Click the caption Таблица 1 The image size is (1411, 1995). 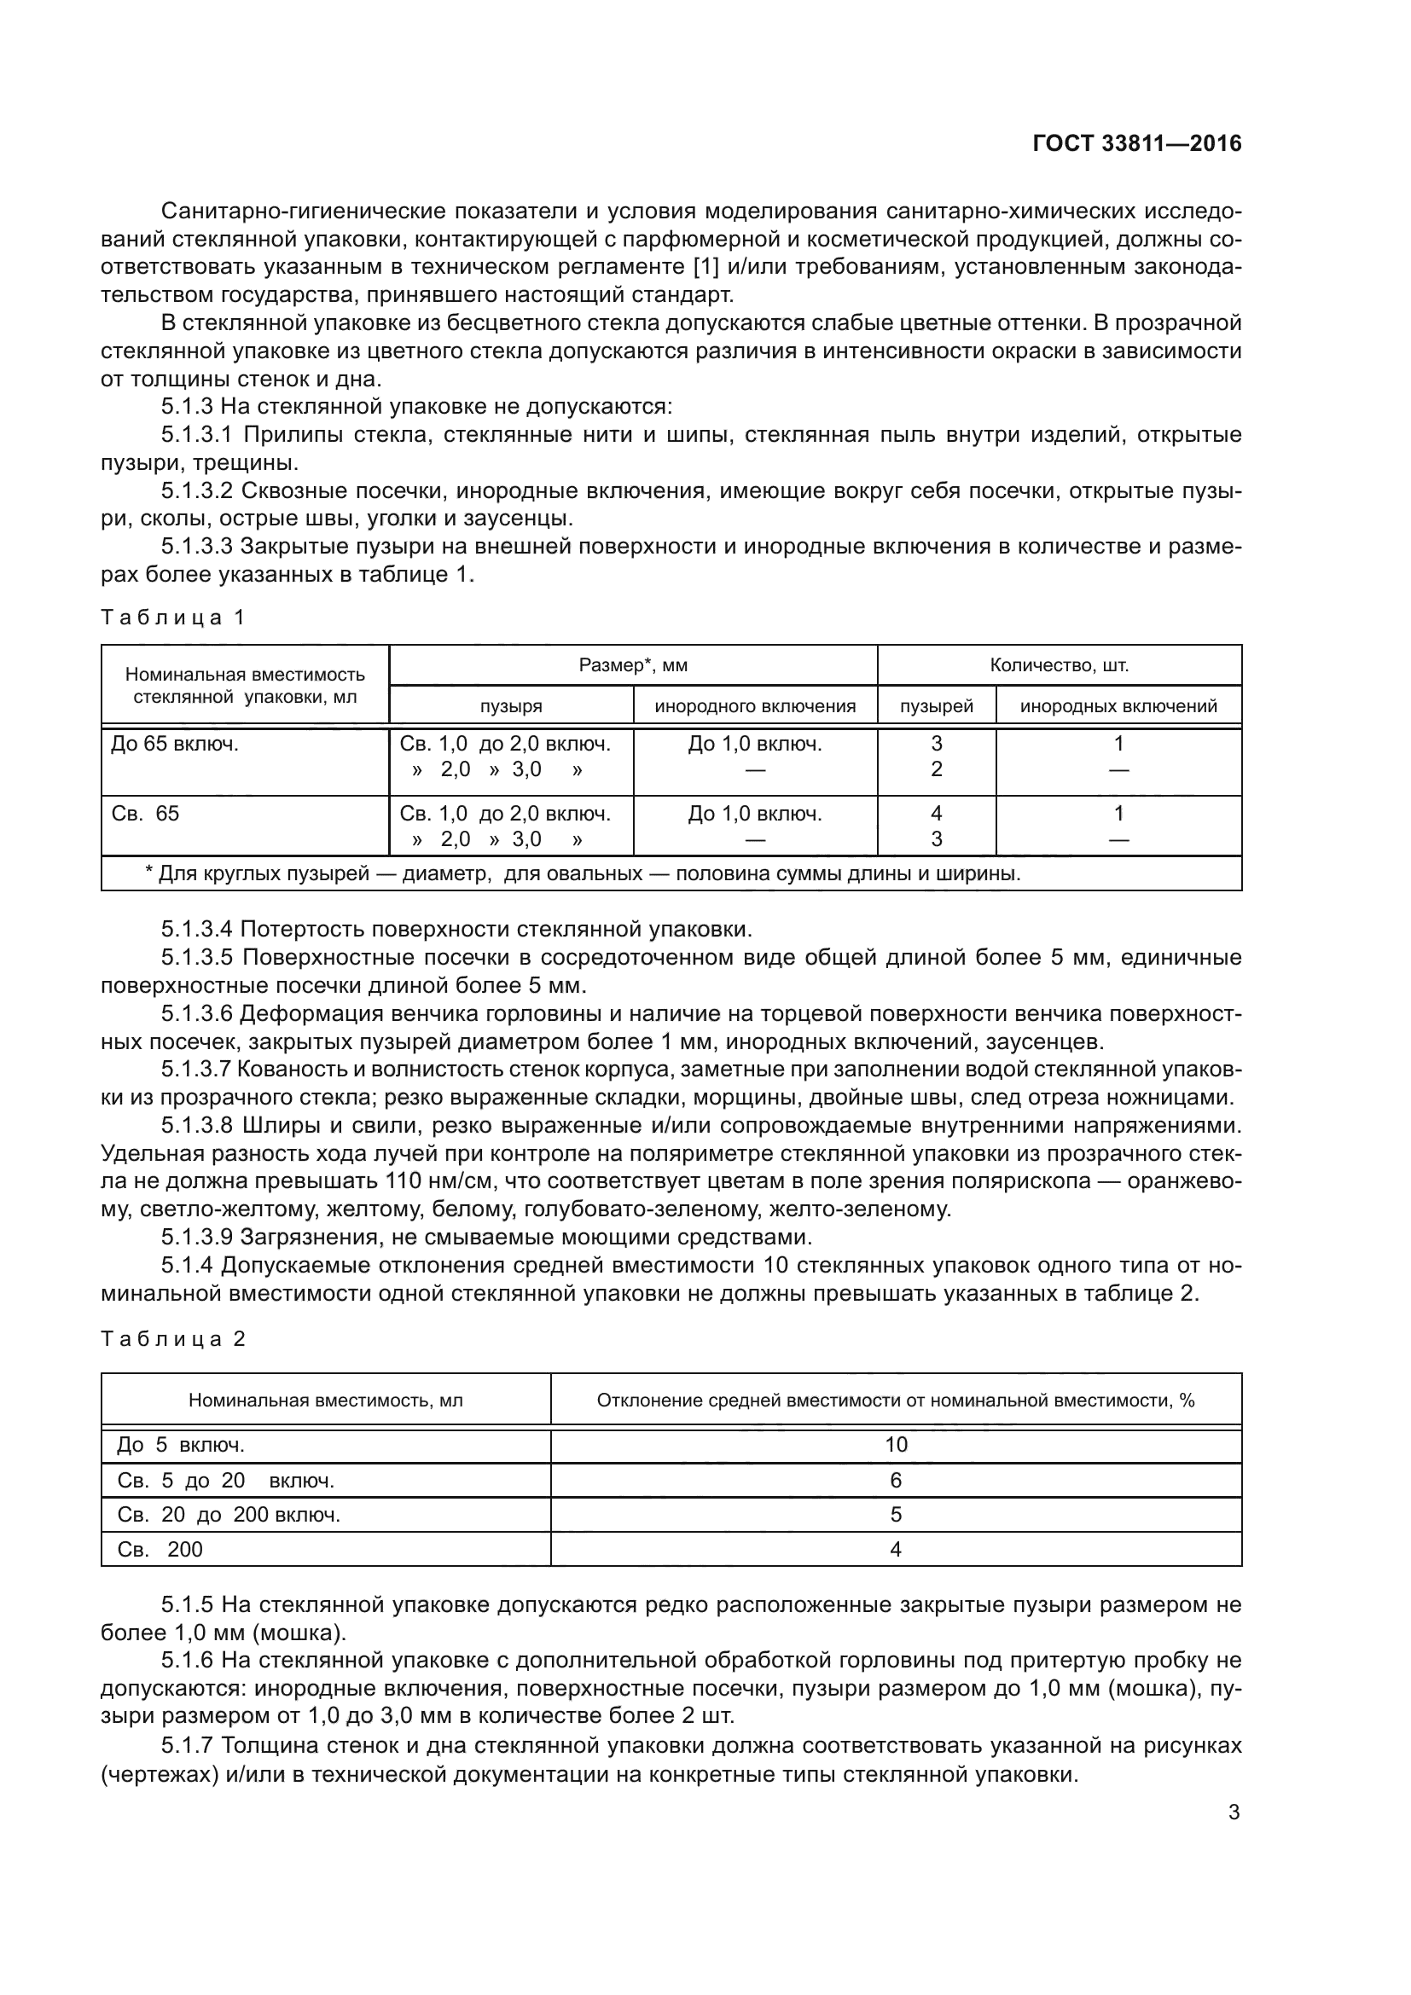[x=173, y=618]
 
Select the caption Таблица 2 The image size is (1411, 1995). [x=173, y=1339]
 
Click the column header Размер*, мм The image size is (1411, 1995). [x=632, y=665]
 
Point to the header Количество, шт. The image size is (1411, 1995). [x=1060, y=665]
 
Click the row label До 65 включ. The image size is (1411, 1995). [x=175, y=744]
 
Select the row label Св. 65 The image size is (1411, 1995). [x=145, y=815]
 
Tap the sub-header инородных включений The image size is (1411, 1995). [x=1118, y=706]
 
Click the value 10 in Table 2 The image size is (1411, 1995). [x=896, y=1445]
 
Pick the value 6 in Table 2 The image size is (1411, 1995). [x=896, y=1481]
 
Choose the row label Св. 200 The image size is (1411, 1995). [x=160, y=1550]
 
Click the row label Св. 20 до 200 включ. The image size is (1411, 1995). [x=229, y=1516]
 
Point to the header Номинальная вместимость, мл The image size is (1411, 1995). [x=326, y=1401]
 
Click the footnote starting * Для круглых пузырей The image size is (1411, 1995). [x=582, y=873]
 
